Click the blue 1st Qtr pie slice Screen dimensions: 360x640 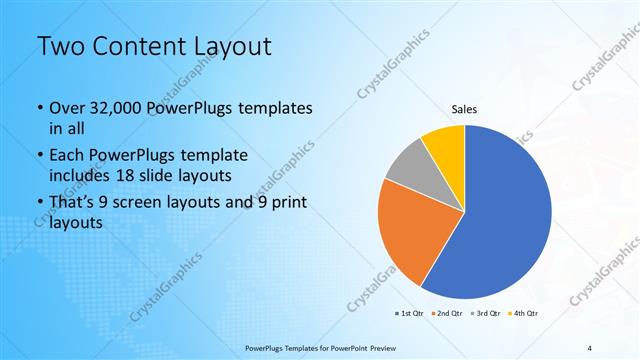coord(505,220)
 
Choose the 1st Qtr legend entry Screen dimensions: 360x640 coord(410,313)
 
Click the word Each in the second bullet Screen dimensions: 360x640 coord(68,156)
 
